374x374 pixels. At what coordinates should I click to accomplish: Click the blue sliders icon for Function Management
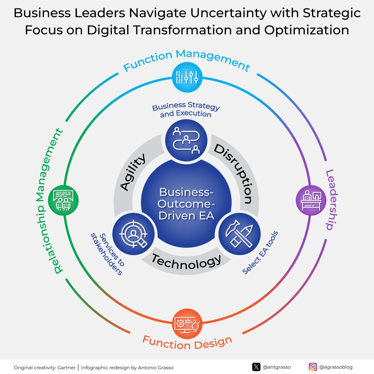click(x=187, y=77)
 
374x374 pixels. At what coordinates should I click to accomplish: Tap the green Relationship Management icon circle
click(x=63, y=200)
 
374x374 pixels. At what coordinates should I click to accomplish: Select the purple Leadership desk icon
click(x=311, y=200)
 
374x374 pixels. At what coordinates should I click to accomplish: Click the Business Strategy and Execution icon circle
click(x=186, y=140)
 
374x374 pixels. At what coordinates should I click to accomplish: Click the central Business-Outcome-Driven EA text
click(x=186, y=204)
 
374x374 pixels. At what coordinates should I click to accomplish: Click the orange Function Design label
click(x=187, y=343)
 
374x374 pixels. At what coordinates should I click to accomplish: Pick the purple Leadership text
click(x=331, y=199)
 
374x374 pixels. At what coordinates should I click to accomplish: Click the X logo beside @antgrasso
click(x=256, y=367)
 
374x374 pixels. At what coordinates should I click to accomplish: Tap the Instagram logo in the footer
click(x=313, y=367)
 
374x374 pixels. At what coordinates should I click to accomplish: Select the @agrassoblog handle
click(x=336, y=367)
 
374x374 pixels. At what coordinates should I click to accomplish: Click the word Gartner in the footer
click(x=66, y=368)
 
